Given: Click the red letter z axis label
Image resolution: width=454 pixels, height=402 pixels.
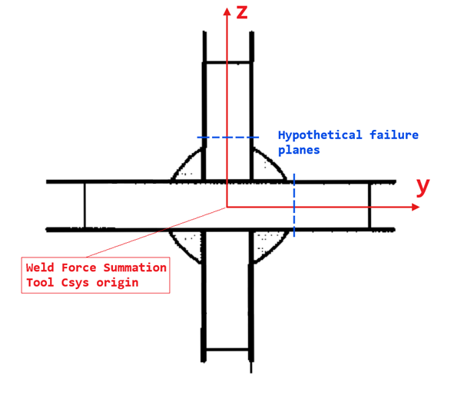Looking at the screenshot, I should coord(242,12).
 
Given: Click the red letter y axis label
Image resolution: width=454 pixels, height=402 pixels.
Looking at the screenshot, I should coord(423,185).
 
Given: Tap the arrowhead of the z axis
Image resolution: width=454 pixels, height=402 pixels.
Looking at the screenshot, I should coord(227,10).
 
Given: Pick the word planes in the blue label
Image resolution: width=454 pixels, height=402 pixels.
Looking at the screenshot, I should coord(299,150).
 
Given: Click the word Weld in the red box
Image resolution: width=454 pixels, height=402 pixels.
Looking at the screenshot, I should coord(39,267).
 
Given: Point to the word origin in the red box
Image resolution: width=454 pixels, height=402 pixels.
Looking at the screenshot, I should coord(123,282).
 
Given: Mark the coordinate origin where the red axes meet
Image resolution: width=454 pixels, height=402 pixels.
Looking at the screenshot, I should coord(227,207).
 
